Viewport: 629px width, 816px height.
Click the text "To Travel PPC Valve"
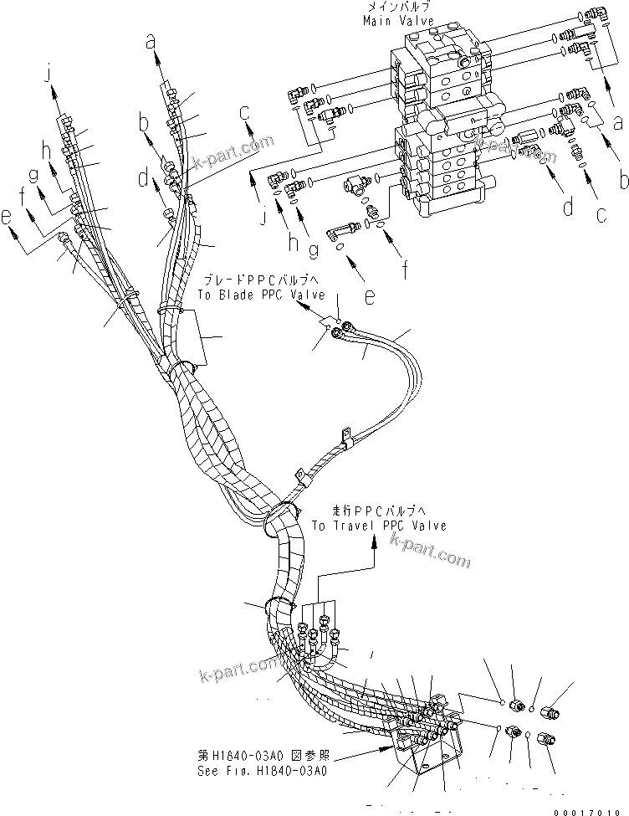pos(379,526)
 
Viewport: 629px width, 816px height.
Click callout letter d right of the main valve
pos(569,207)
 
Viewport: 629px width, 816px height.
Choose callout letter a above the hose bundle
pos(151,38)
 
